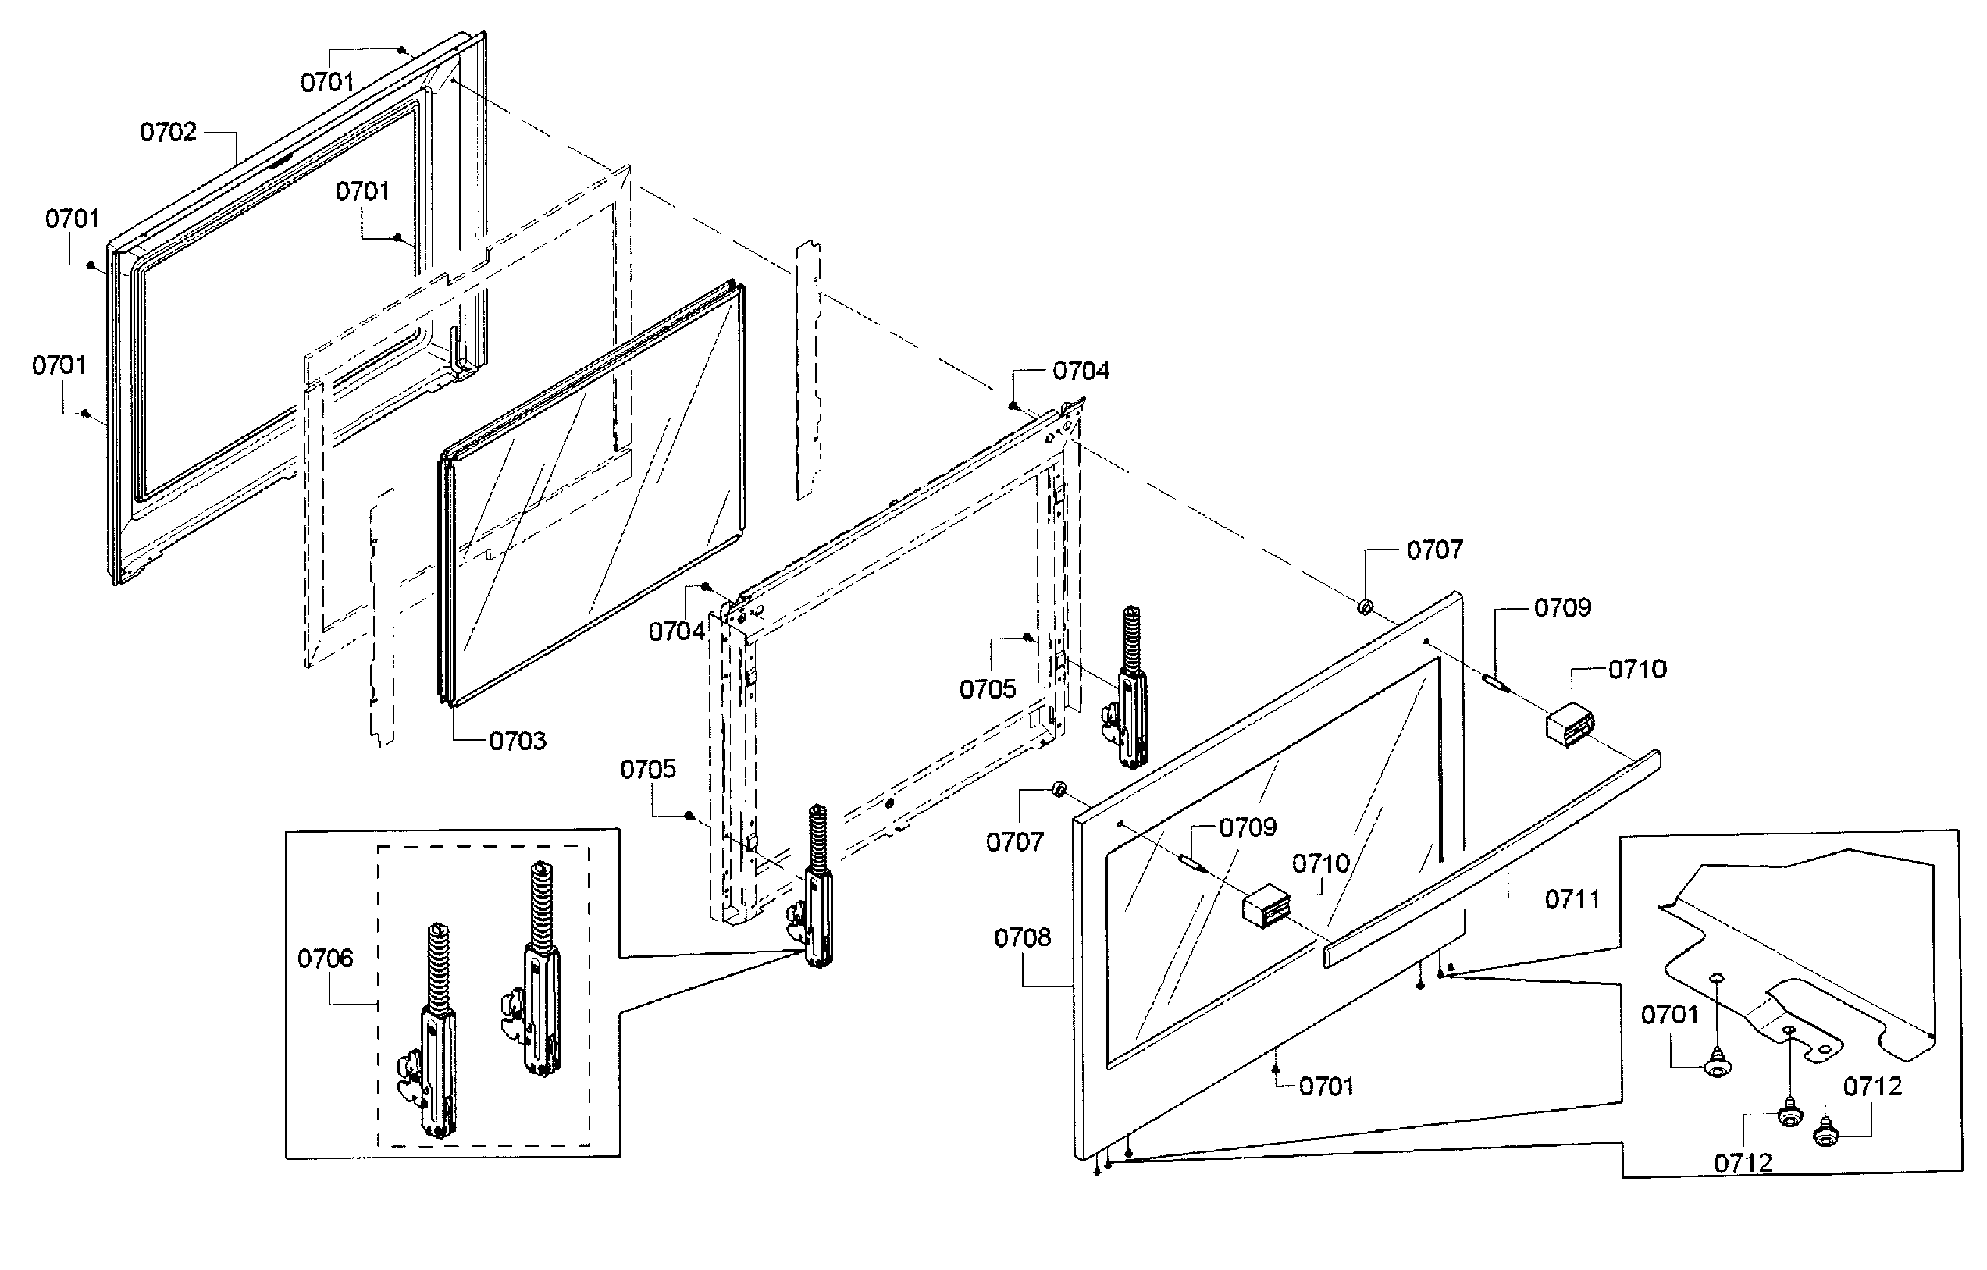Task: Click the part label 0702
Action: pyautogui.click(x=169, y=132)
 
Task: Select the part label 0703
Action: pyautogui.click(x=518, y=741)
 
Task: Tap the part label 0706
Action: pyautogui.click(x=325, y=958)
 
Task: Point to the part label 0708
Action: pyautogui.click(x=1022, y=937)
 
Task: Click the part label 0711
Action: pyautogui.click(x=1572, y=898)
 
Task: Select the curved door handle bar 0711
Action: pyautogui.click(x=1494, y=858)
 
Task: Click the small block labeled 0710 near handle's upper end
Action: pyautogui.click(x=1569, y=724)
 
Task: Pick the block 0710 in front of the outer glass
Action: pyautogui.click(x=1266, y=905)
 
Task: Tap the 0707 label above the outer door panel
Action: pyautogui.click(x=1434, y=550)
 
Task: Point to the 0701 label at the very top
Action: pyautogui.click(x=327, y=82)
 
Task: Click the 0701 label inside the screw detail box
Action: pyautogui.click(x=1669, y=1014)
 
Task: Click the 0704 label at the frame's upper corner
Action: pyautogui.click(x=1080, y=371)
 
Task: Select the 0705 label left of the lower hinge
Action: pyautogui.click(x=648, y=769)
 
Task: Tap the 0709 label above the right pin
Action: pyautogui.click(x=1562, y=608)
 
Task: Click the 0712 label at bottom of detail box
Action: pyautogui.click(x=1743, y=1163)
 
